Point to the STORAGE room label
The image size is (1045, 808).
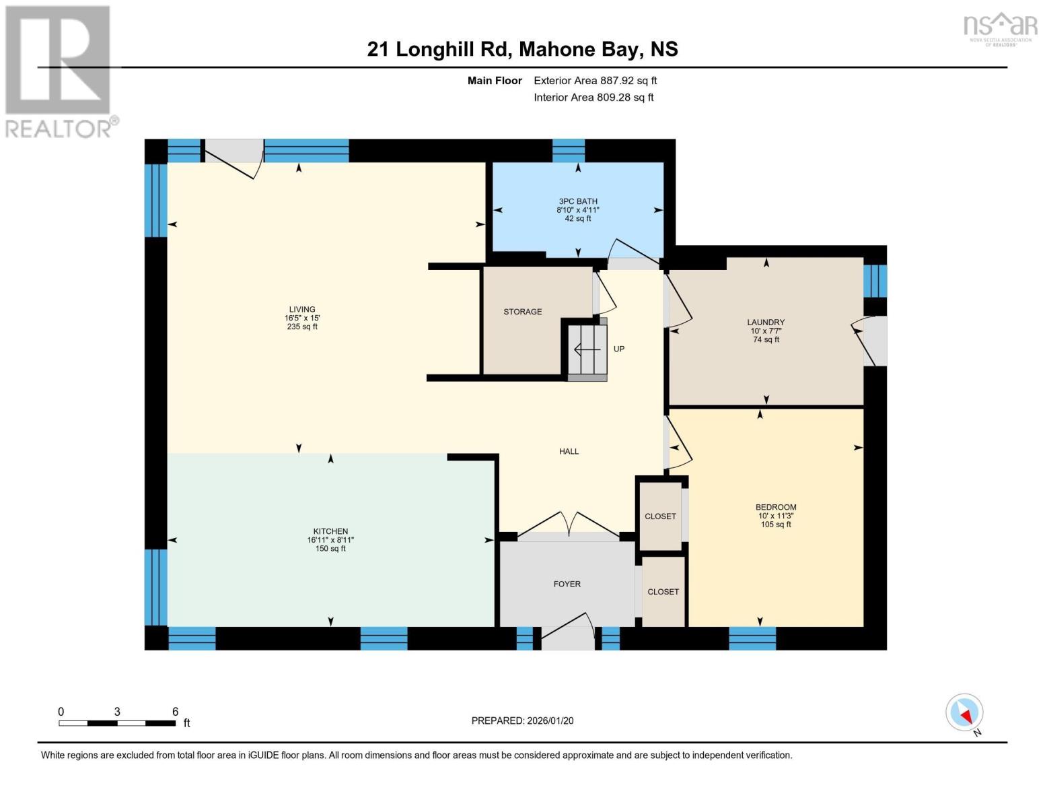tap(523, 312)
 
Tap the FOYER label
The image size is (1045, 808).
tap(567, 584)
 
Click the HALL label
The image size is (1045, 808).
tap(569, 452)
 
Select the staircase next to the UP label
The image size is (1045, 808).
tap(587, 349)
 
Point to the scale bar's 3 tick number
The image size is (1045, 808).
tap(117, 712)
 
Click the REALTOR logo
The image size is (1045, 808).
tap(59, 71)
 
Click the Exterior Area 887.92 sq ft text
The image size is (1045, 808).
tap(595, 81)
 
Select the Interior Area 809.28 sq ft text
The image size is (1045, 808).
tap(593, 98)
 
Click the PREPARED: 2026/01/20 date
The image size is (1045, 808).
tap(522, 720)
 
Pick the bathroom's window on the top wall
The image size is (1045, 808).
tap(569, 151)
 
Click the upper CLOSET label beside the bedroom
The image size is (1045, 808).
tap(660, 516)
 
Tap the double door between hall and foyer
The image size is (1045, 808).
tap(569, 526)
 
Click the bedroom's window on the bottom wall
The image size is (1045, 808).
tap(752, 638)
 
